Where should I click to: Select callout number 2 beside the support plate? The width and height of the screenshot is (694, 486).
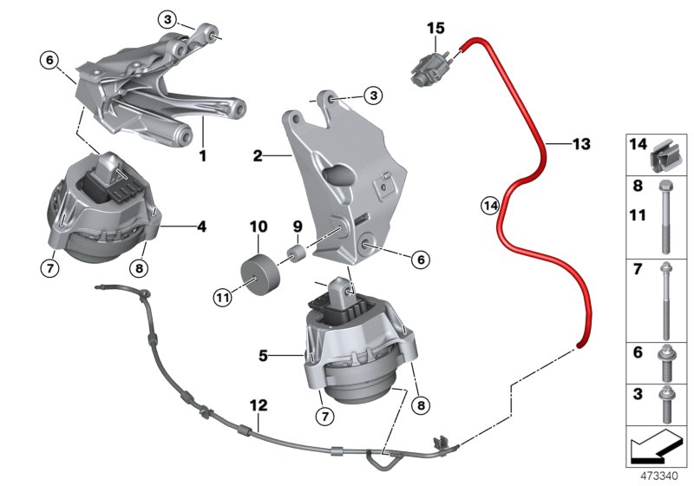point(258,156)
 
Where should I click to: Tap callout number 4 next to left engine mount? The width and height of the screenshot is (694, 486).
point(201,228)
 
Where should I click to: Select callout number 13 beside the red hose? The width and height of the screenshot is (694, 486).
point(580,143)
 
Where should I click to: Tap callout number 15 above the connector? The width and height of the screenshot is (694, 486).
point(435,29)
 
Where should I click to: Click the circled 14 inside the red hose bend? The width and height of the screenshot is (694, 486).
point(490,206)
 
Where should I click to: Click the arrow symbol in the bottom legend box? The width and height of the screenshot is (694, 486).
point(656,447)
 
